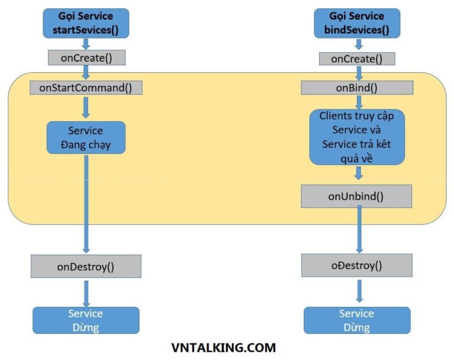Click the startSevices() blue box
coord(86,23)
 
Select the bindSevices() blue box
coord(357,23)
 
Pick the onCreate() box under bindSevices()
coord(356,59)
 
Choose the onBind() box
coord(356,88)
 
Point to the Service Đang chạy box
coord(86,138)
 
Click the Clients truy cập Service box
coord(357,137)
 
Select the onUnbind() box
coord(356,196)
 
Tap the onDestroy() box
coord(86,266)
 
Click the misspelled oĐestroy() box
coord(356,265)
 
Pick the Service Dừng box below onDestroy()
coord(86,320)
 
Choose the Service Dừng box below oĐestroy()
coord(356,320)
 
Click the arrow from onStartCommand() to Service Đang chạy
coord(86,108)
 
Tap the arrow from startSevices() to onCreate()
coord(86,44)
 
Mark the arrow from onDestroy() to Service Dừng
coord(86,292)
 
